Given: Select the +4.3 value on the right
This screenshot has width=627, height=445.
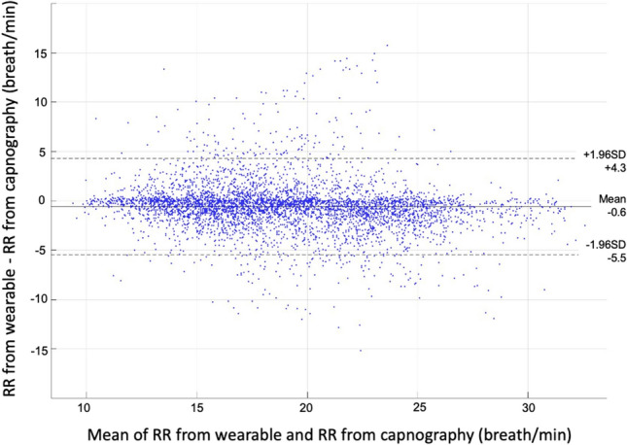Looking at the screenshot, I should tap(596, 166).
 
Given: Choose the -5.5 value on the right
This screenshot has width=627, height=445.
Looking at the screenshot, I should tap(596, 258).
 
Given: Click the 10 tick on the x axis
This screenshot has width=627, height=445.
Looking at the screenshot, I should tap(86, 405).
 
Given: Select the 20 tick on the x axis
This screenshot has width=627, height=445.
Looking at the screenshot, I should tap(307, 405).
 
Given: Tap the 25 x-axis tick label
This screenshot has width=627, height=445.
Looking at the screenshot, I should tap(418, 405).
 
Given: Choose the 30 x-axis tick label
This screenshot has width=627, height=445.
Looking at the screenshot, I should tap(528, 405).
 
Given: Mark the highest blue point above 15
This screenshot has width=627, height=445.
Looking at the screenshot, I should tap(387, 45).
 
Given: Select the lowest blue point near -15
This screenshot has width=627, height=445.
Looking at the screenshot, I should tap(361, 350).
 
